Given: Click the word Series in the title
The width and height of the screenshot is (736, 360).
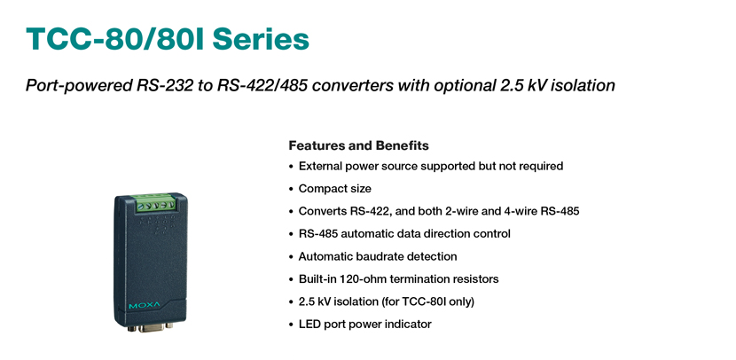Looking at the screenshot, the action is click(x=261, y=39).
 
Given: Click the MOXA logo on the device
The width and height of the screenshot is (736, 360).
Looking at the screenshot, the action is click(x=145, y=306).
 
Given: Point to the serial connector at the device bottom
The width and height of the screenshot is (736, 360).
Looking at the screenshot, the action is click(x=151, y=326).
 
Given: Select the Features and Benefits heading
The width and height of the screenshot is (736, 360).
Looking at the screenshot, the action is click(x=358, y=145).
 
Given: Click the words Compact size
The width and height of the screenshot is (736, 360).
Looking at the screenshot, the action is click(x=334, y=189).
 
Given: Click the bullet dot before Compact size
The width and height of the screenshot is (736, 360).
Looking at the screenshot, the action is click(x=291, y=189).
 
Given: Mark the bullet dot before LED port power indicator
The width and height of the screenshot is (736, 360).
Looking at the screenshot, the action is click(x=291, y=325).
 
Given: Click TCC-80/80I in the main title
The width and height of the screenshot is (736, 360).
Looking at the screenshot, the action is click(x=115, y=39).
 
